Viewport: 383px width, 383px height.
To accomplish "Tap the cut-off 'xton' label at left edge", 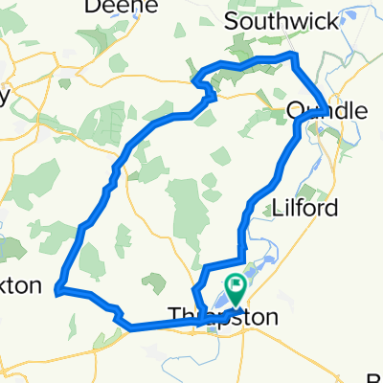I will (20, 285).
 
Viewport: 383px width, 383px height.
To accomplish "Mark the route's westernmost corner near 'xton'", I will (58, 287).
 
